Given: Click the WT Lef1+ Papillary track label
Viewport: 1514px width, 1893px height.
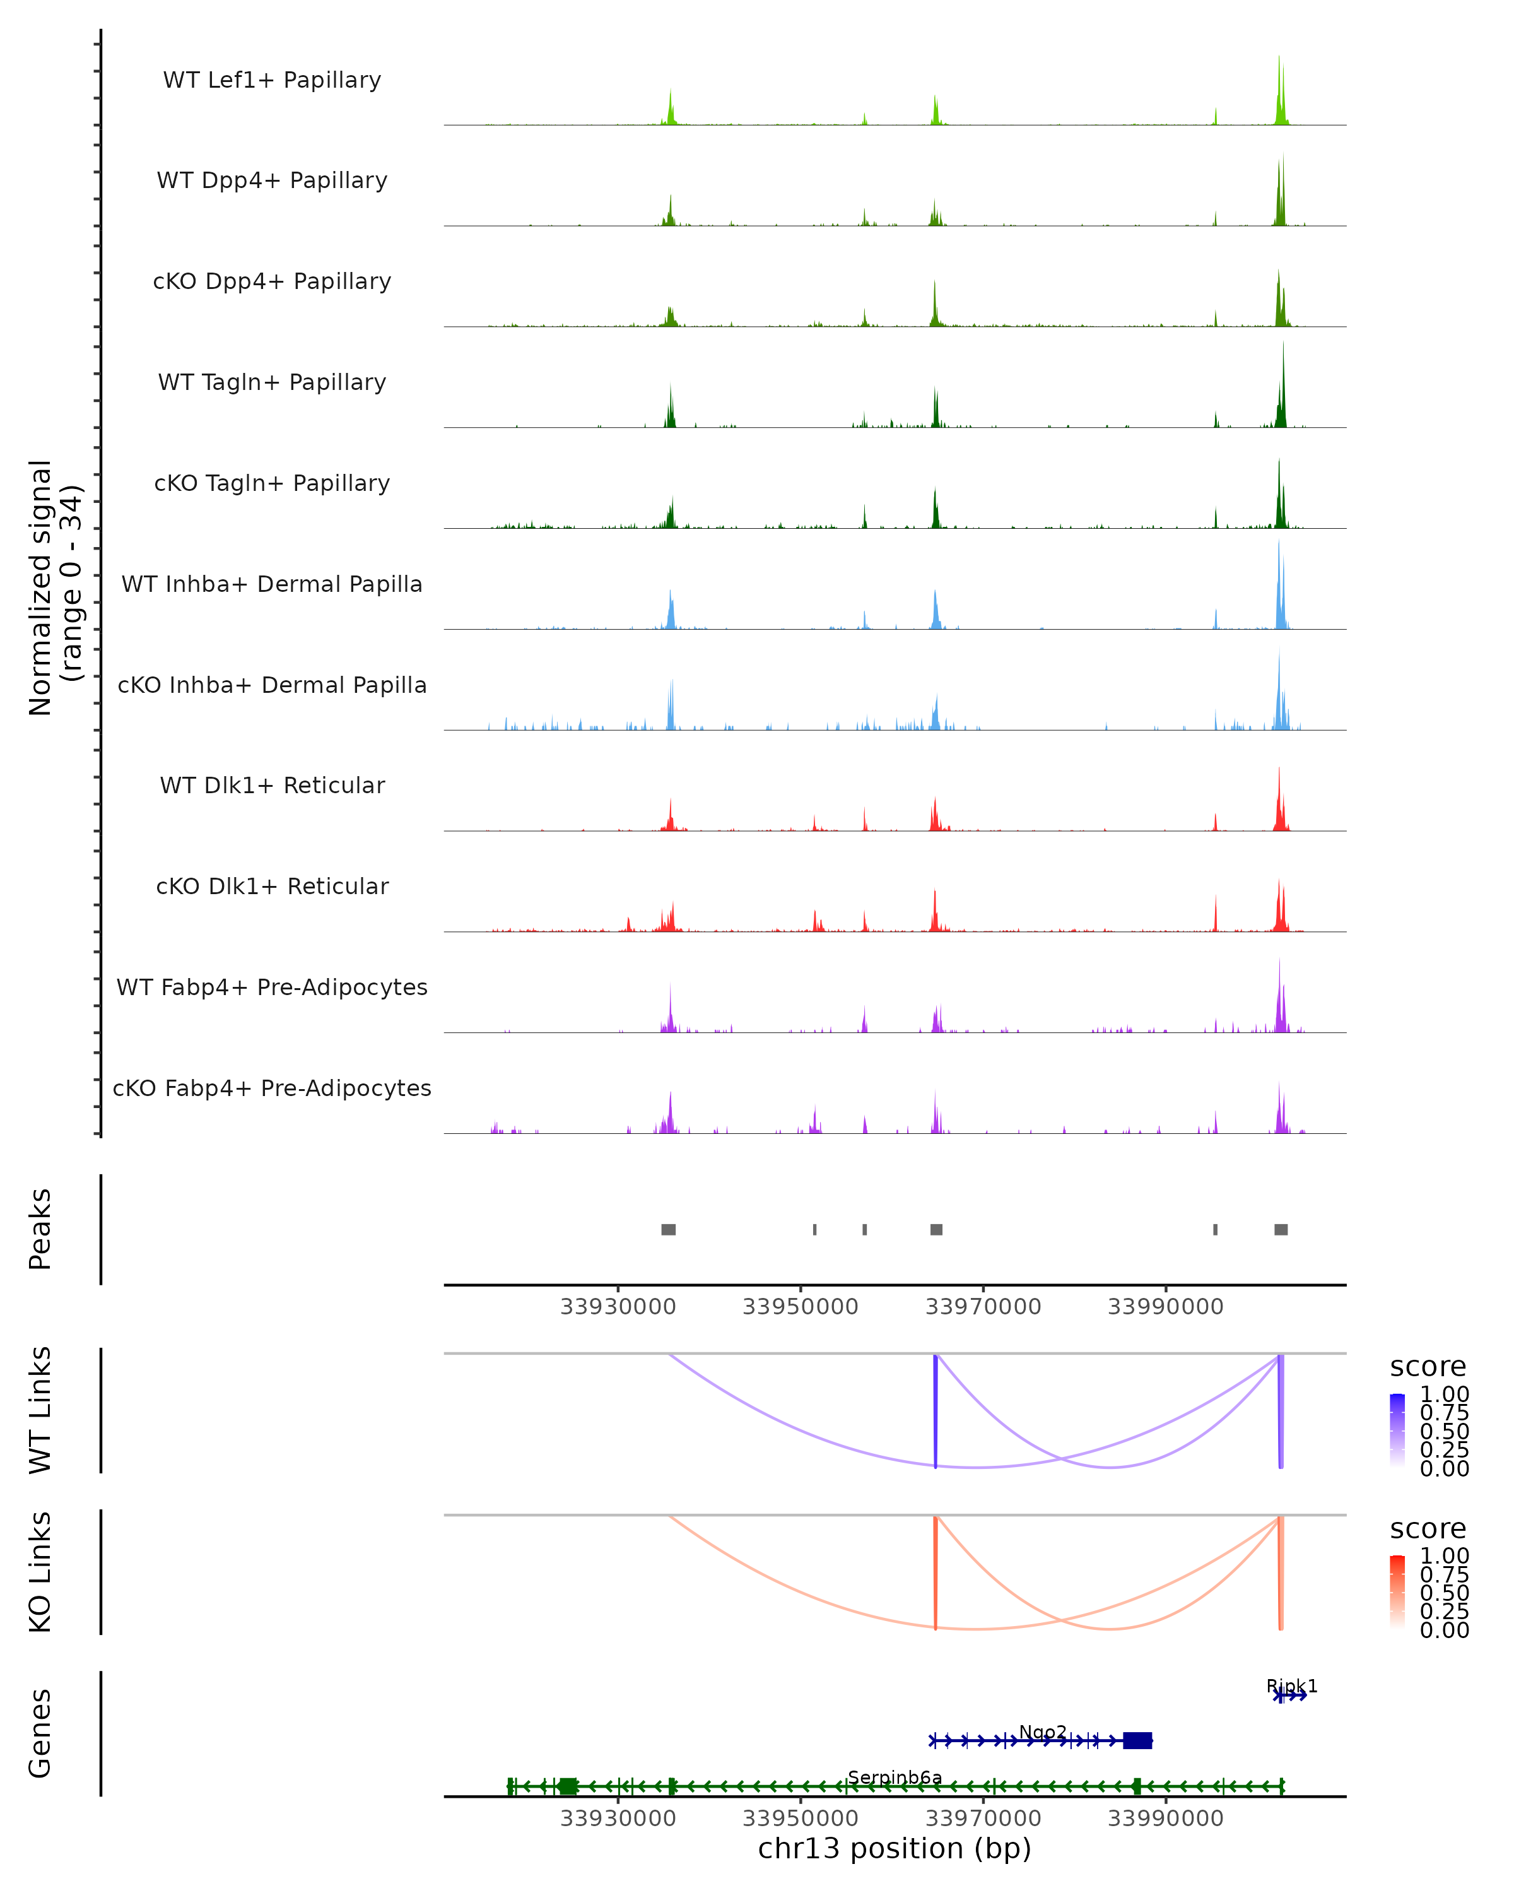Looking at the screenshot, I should [272, 80].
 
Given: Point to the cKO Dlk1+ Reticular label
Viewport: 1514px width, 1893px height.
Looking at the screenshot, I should [272, 886].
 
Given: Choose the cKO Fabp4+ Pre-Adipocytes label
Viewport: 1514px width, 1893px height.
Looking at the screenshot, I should [272, 1088].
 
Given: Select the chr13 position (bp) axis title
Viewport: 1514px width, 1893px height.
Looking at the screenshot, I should [895, 1848].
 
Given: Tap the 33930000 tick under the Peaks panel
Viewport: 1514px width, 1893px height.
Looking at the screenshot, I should [618, 1307].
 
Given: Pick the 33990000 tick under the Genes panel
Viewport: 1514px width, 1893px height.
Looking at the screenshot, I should [1166, 1819].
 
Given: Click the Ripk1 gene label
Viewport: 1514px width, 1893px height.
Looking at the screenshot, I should [1291, 1686].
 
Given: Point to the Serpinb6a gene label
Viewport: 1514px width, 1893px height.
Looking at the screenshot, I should [895, 1778].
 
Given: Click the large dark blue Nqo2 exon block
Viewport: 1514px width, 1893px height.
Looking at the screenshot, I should [1137, 1740].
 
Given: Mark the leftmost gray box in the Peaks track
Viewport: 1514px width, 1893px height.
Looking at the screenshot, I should [668, 1229].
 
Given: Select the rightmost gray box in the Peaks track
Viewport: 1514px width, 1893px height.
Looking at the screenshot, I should [1281, 1229].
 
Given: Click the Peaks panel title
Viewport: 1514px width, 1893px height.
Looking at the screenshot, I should [40, 1229].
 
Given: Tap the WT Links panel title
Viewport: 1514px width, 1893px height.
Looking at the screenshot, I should [40, 1410].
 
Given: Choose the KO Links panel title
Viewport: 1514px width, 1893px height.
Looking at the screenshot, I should [40, 1572].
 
